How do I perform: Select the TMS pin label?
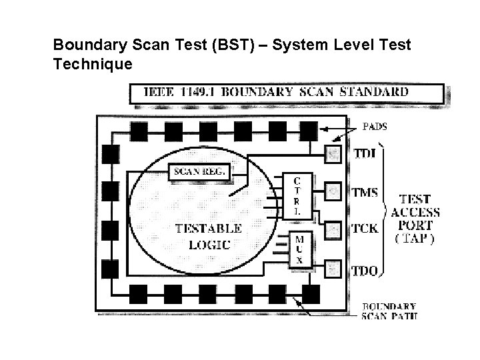pyautogui.click(x=365, y=193)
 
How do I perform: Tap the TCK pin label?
pyautogui.click(x=365, y=229)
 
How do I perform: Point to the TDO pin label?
pyautogui.click(x=365, y=270)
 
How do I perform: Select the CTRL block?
pyautogui.click(x=298, y=195)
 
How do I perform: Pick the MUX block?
pyautogui.click(x=298, y=249)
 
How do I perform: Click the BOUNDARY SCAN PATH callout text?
pyautogui.click(x=391, y=311)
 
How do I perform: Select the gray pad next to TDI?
pyautogui.click(x=333, y=155)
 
